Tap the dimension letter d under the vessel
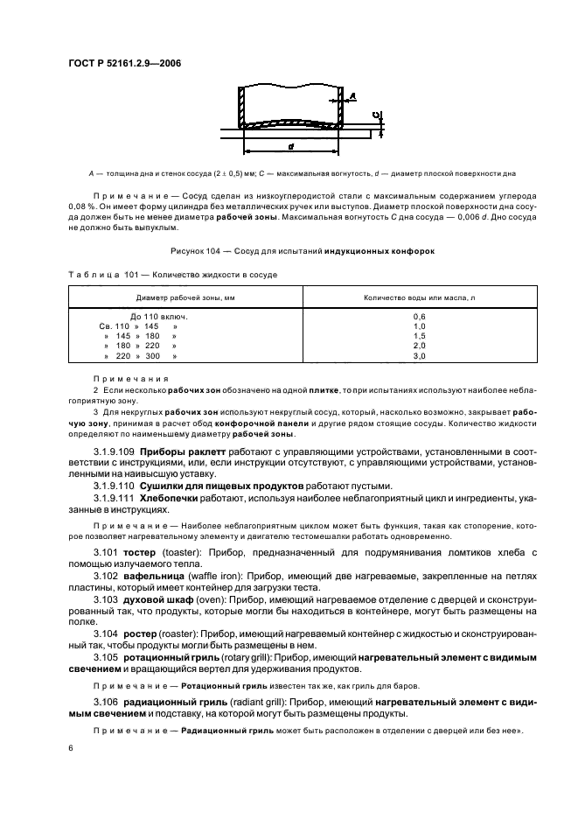(289, 144)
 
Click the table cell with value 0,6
(418, 316)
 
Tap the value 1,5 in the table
(418, 336)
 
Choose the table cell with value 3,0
(418, 356)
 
